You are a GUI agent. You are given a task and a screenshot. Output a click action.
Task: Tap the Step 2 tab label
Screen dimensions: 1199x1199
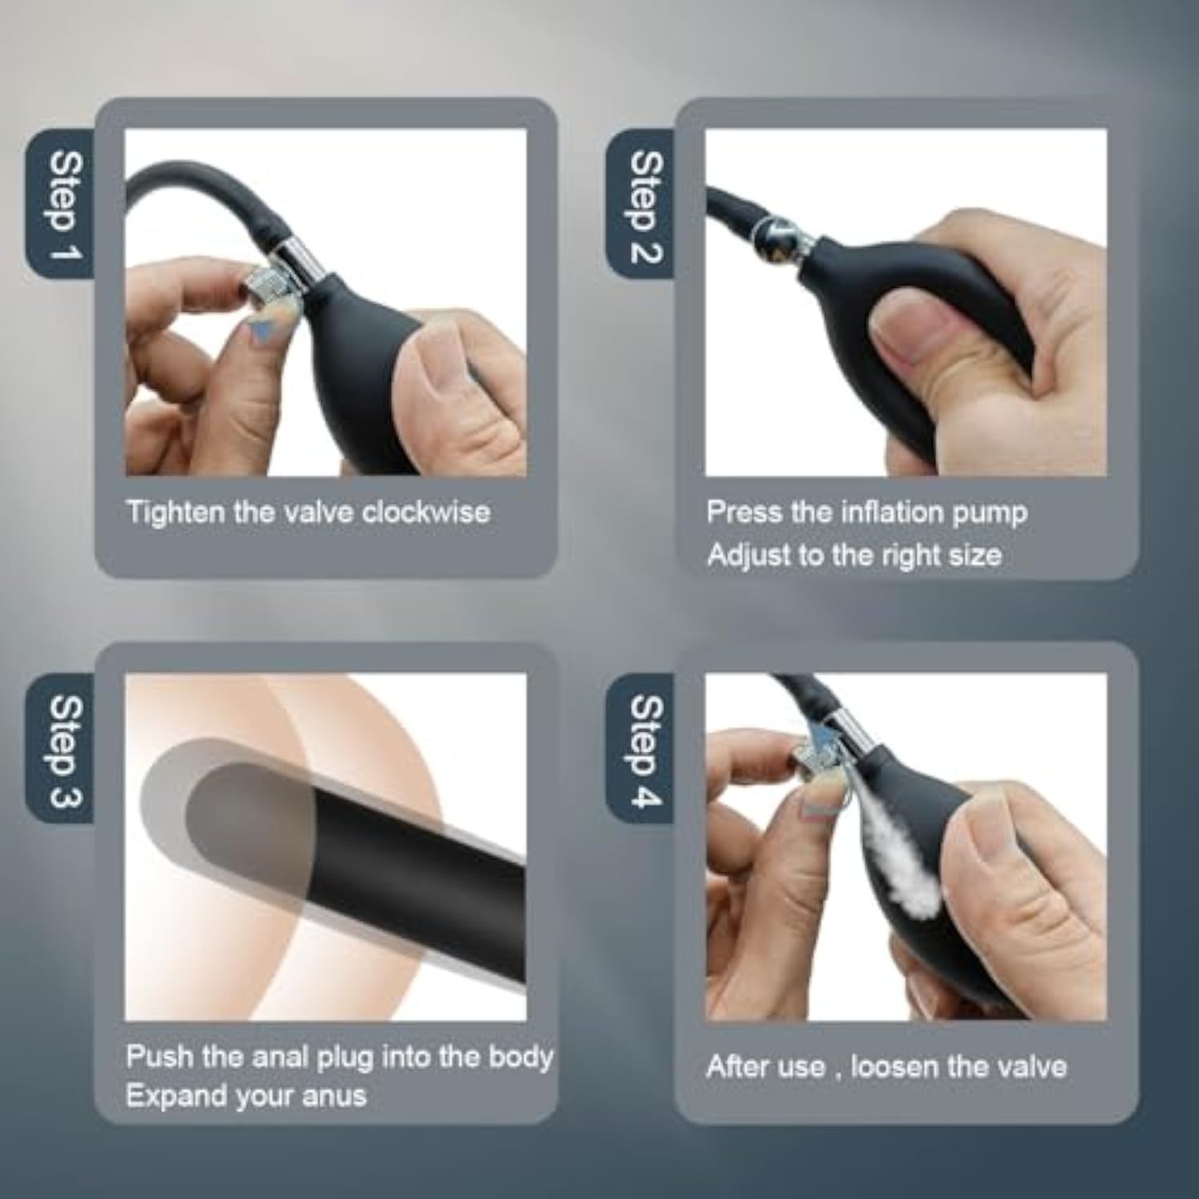[x=646, y=206]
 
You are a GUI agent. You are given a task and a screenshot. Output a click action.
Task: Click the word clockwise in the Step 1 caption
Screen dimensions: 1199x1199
[x=425, y=512]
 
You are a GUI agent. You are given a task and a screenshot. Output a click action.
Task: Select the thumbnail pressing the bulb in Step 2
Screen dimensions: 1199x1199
[x=914, y=331]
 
